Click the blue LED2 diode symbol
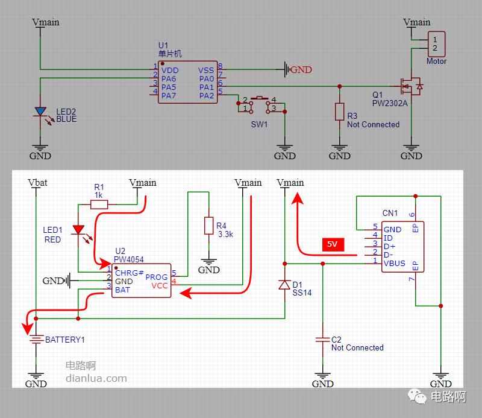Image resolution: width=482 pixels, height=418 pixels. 40,112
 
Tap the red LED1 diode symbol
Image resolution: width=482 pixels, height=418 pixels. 78,230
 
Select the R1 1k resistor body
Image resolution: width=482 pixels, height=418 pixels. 99,204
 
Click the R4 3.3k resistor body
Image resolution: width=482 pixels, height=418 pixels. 208,226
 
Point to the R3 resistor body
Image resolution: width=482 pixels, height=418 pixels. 339,112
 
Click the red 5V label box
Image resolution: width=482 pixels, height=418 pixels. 332,244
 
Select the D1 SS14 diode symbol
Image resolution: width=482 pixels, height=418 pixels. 284,285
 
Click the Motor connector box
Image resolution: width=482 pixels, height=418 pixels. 436,44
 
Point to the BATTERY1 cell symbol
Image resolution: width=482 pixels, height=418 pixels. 36,340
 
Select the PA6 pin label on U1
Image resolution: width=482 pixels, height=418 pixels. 169,79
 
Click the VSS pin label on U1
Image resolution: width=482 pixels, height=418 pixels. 206,71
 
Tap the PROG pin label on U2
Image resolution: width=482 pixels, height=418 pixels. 157,277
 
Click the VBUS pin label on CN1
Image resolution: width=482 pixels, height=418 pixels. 395,264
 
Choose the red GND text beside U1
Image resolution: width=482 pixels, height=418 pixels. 302,70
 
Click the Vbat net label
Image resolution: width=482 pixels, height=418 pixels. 37,183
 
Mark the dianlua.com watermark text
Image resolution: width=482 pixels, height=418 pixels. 96,379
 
